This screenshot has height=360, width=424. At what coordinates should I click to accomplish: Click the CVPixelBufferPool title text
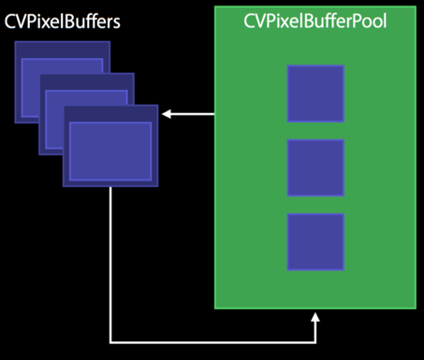click(x=315, y=22)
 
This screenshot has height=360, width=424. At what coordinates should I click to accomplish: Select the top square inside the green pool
click(x=315, y=94)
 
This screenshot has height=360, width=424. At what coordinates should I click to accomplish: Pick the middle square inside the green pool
click(x=315, y=168)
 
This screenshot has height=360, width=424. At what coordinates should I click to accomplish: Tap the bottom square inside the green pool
click(x=315, y=242)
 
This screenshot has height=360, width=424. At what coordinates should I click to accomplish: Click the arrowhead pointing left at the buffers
click(x=166, y=114)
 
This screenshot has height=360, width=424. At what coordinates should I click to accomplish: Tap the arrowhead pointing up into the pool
click(x=316, y=318)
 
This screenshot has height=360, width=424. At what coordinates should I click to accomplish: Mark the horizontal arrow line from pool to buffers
click(x=192, y=114)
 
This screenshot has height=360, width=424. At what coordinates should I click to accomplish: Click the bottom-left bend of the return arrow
click(x=110, y=341)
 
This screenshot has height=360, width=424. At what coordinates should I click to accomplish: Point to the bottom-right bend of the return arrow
click(x=316, y=341)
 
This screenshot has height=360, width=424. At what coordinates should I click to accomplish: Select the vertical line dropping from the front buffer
click(x=110, y=262)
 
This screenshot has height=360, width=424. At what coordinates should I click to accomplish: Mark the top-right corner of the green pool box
click(x=416, y=7)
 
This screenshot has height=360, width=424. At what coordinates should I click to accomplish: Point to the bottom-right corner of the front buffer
click(x=157, y=184)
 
